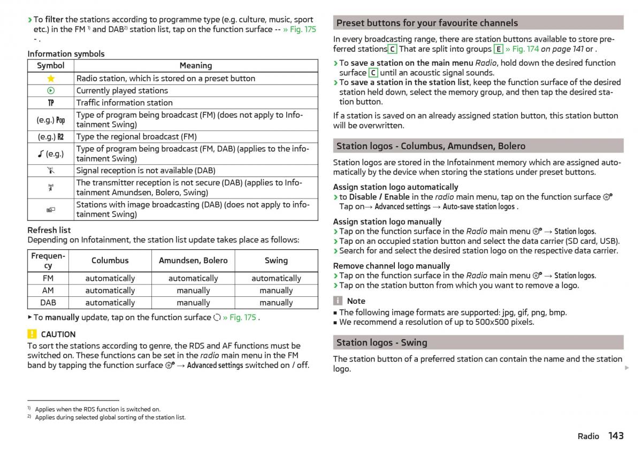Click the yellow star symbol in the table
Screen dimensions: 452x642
51,78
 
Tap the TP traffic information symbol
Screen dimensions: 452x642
51,103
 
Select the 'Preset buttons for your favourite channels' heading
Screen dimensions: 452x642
427,23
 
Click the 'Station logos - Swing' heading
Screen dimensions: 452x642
381,342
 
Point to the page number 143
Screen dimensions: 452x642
616,436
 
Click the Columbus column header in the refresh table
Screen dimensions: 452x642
110,261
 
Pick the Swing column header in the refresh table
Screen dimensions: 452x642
276,261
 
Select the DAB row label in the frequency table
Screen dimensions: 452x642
48,302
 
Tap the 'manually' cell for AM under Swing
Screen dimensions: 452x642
276,290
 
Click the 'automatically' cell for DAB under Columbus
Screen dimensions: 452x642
110,302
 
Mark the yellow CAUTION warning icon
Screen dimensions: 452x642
32,334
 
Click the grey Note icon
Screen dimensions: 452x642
338,301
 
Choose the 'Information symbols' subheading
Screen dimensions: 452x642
66,53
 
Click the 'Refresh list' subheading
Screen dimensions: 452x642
49,230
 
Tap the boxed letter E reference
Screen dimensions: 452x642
498,49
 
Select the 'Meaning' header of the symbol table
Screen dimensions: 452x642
195,66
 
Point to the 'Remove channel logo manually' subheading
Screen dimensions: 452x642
391,266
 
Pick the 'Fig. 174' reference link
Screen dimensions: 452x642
526,49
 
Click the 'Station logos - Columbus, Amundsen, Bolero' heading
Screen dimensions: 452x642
431,146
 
